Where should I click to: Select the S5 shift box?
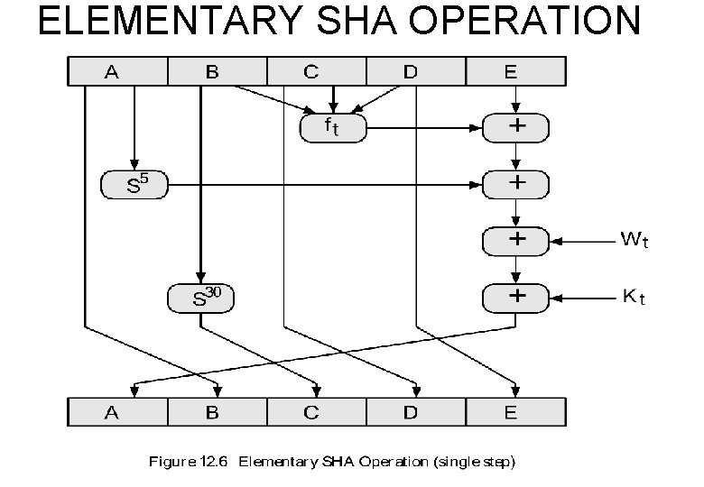point(134,186)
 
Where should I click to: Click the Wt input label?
point(634,241)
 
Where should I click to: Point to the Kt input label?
point(634,297)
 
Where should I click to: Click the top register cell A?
point(112,71)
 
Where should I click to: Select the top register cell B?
point(212,71)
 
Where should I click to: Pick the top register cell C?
point(311,71)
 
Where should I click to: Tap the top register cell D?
point(412,71)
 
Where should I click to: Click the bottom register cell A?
point(112,412)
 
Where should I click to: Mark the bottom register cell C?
point(311,412)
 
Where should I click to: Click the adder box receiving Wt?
point(516,241)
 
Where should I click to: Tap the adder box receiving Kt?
point(516,296)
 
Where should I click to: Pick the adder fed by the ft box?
point(516,128)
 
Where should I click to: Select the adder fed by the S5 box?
point(516,185)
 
